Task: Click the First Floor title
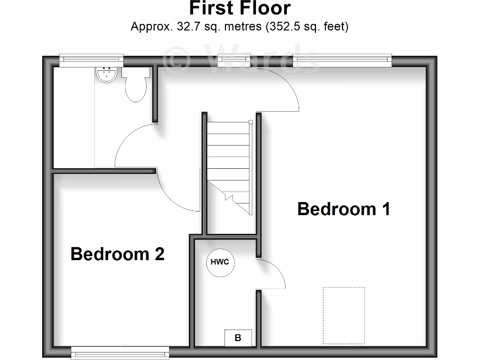pos(240,8)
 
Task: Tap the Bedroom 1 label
pos(344,209)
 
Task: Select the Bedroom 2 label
pos(117,254)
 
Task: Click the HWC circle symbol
pos(220,262)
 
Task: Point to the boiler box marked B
pos(238,337)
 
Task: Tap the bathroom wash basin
pos(105,75)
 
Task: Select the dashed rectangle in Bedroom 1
pos(344,315)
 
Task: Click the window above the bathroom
pos(91,59)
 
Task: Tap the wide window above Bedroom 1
pos(342,59)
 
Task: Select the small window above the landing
pos(234,59)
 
